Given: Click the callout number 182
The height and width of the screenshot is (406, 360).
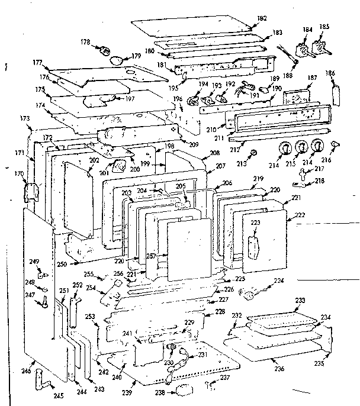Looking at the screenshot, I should [x=261, y=19].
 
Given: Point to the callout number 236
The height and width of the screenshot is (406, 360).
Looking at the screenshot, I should [x=279, y=369].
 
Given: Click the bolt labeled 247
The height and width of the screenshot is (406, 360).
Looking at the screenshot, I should [x=44, y=301].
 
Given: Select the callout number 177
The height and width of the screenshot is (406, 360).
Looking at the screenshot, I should [x=37, y=62].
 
